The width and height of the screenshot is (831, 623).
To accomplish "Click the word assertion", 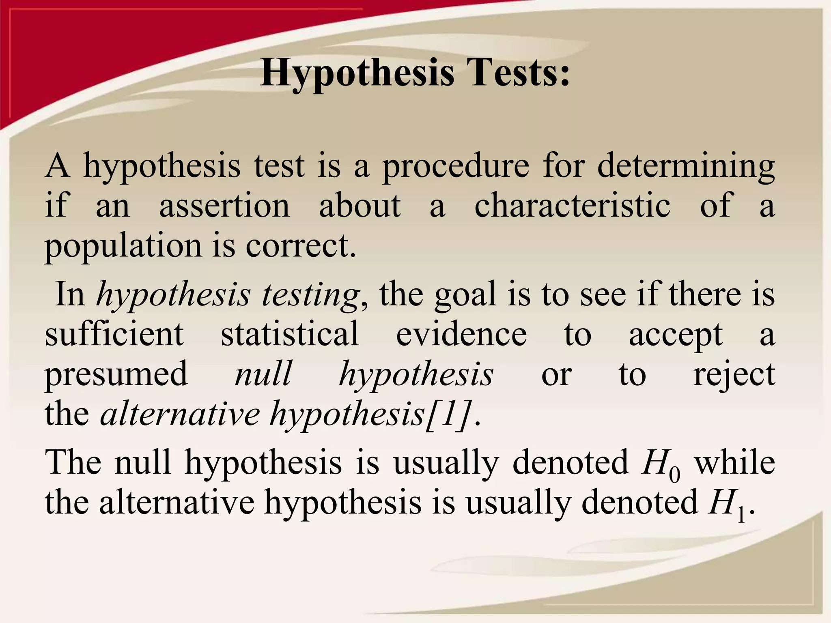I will click(x=224, y=206).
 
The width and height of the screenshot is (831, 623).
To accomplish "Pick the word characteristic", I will click(x=572, y=206).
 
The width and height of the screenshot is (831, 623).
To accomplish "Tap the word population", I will click(x=123, y=247).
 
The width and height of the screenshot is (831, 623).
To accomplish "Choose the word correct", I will click(x=301, y=246).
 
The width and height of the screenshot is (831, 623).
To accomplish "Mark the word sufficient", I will click(x=114, y=334).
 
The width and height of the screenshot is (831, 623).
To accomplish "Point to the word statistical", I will click(x=290, y=334).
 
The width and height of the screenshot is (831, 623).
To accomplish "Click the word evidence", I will click(x=461, y=334).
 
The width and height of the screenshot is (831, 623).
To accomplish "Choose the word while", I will click(x=734, y=462).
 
